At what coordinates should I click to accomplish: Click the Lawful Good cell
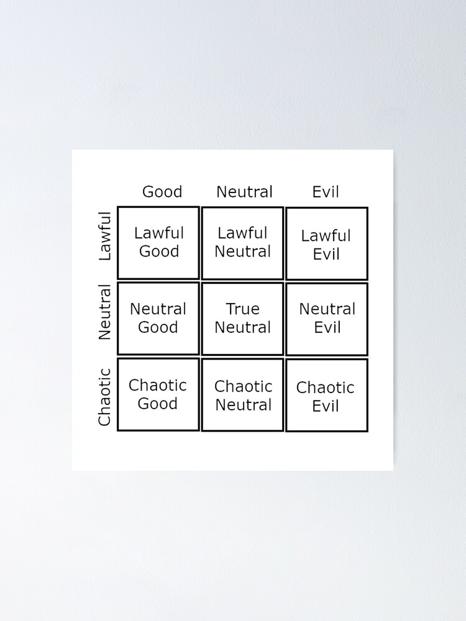[x=158, y=242]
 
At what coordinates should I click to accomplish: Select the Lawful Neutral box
[x=243, y=242]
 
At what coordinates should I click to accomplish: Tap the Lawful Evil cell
[x=327, y=244]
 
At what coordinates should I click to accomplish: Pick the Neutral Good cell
[x=158, y=318]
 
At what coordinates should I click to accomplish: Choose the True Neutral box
[x=243, y=318]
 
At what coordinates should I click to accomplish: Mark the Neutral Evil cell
[x=327, y=318]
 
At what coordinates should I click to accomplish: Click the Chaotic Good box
[x=158, y=394]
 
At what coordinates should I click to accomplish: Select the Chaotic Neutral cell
[x=243, y=395]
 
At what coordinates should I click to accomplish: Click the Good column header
[x=162, y=192]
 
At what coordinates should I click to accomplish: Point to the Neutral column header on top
[x=244, y=192]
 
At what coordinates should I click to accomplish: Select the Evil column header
[x=326, y=192]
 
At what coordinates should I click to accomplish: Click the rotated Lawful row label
[x=105, y=236]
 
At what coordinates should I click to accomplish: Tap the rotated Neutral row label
[x=105, y=312]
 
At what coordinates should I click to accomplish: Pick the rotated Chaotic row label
[x=105, y=397]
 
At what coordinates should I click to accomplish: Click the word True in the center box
[x=243, y=309]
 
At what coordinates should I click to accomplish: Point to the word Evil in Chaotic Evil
[x=326, y=406]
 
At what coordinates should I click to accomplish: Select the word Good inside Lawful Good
[x=159, y=252]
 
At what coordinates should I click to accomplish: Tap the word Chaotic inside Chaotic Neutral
[x=244, y=386]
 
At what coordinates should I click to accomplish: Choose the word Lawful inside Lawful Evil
[x=326, y=236]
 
